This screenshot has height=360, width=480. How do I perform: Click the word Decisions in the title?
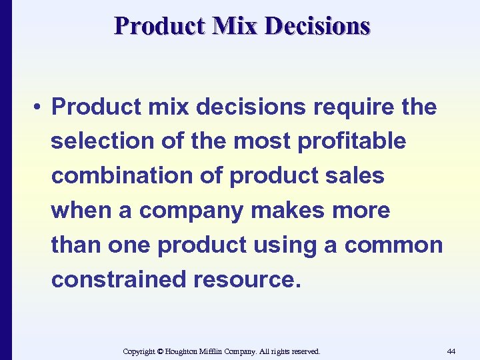tap(317, 25)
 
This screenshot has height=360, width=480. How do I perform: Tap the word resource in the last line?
tap(247, 280)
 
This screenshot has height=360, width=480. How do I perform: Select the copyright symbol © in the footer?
tap(161, 351)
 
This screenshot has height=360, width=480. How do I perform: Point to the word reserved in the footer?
tap(304, 351)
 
